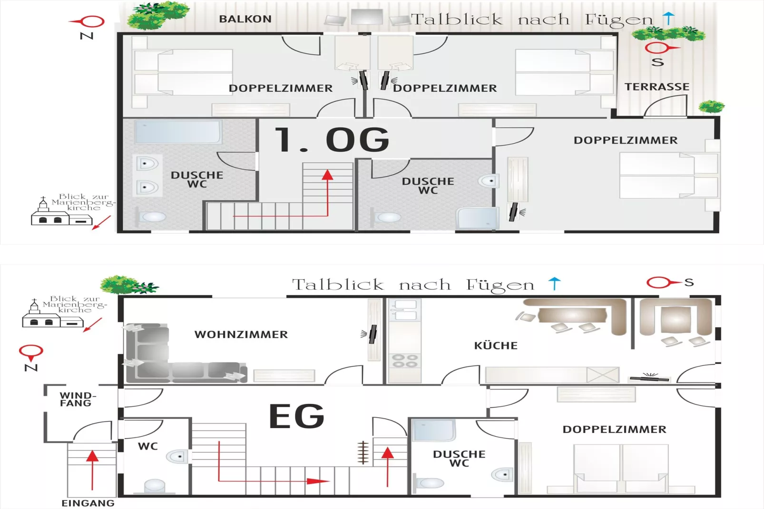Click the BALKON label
coord(245,19)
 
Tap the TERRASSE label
coord(657,87)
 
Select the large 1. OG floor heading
coord(332,139)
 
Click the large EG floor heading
coord(297,416)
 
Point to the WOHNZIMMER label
coord(241,334)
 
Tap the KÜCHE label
coord(496,345)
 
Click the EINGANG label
coord(88,503)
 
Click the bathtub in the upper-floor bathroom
coord(178,132)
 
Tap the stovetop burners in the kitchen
coord(404,361)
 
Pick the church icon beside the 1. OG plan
coord(61,212)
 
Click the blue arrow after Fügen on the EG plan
coord(554,284)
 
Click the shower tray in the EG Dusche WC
coord(433,431)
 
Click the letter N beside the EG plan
coord(31,367)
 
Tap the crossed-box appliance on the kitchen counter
coord(603,374)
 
